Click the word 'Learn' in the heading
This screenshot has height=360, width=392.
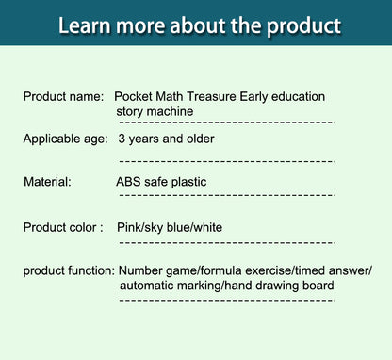pyautogui.click(x=90, y=25)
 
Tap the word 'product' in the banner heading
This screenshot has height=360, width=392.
pyautogui.click(x=297, y=25)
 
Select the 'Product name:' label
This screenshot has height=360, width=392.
pyautogui.click(x=62, y=97)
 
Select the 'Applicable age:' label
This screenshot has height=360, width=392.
pyautogui.click(x=66, y=139)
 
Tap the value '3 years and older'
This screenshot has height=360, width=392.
pyautogui.click(x=166, y=139)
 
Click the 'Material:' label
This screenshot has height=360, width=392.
pyautogui.click(x=47, y=182)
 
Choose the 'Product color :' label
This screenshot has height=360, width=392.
pyautogui.click(x=62, y=227)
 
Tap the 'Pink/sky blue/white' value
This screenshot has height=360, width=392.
pyautogui.click(x=170, y=227)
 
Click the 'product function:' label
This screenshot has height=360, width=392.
pyautogui.click(x=69, y=271)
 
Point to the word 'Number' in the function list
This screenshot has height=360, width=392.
pyautogui.click(x=141, y=271)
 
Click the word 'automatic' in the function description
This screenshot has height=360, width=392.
pyautogui.click(x=149, y=286)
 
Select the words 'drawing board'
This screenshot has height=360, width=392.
pyautogui.click(x=294, y=286)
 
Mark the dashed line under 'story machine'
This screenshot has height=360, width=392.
pyautogui.click(x=225, y=123)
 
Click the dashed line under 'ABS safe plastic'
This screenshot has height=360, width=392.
pyautogui.click(x=225, y=196)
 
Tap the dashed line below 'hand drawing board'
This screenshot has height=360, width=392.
pyautogui.click(x=225, y=300)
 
